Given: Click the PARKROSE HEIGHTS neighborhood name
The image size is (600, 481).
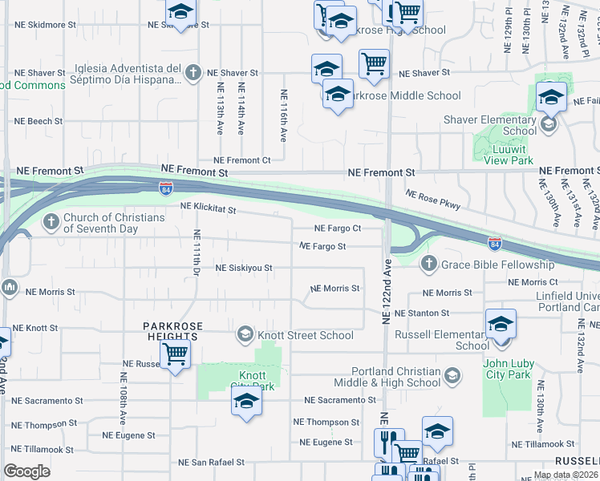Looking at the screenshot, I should [172, 331].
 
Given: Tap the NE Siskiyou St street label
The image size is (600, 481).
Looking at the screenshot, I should [244, 268].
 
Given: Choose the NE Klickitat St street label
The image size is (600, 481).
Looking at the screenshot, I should [208, 208].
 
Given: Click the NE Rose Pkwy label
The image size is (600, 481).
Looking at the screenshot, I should [433, 200].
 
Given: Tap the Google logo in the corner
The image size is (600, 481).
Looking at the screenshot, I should [27, 471].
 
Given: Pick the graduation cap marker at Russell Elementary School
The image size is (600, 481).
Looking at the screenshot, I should [501, 325].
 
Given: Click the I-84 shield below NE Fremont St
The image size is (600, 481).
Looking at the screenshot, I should [165, 189].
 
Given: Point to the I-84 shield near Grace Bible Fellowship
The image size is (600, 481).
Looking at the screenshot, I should [494, 243].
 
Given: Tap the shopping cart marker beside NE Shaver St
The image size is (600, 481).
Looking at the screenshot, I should [374, 63].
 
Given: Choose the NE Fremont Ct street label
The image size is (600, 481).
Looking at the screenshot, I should [241, 160].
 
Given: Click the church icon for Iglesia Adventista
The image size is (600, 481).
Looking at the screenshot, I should [192, 74].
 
